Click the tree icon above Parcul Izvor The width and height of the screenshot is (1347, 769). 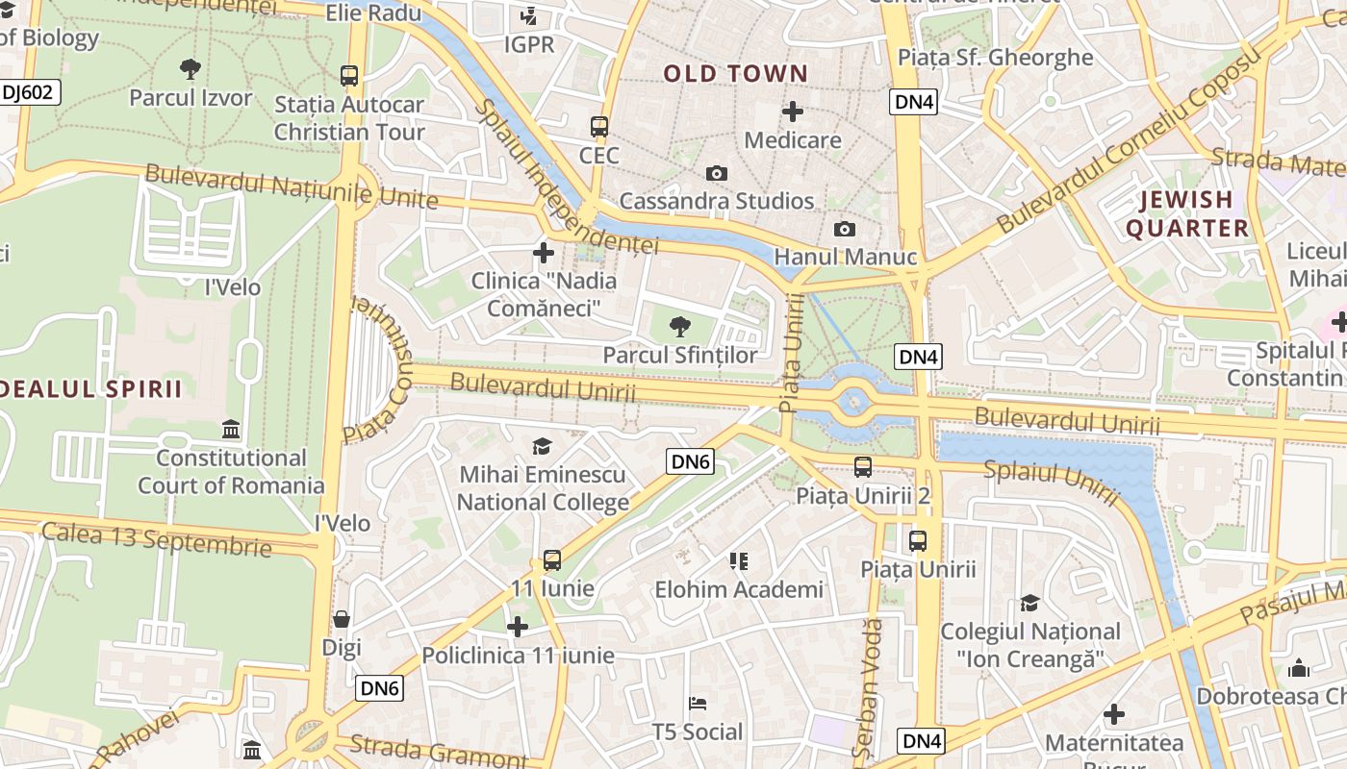[x=191, y=68]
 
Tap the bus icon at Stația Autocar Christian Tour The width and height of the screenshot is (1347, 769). [x=349, y=75]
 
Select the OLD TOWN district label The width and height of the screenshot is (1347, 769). [x=736, y=73]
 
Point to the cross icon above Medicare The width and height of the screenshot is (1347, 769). [x=793, y=112]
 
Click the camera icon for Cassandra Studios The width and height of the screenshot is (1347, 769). [x=717, y=173]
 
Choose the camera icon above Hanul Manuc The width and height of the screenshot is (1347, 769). [x=845, y=229]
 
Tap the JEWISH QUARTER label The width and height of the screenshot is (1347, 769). [x=1187, y=213]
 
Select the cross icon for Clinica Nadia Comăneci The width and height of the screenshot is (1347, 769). [x=544, y=253]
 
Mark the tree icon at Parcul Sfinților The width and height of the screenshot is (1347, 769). [x=680, y=326]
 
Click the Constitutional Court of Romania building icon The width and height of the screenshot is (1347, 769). [x=231, y=429]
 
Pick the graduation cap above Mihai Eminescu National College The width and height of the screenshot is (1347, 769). [x=543, y=446]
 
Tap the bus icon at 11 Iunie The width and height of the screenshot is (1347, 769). [x=552, y=559]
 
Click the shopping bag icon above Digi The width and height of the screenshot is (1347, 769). [x=342, y=619]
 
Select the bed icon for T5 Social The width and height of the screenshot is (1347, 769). [x=698, y=704]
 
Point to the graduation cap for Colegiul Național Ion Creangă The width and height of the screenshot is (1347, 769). [x=1030, y=603]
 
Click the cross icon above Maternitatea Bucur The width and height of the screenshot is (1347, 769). [x=1114, y=714]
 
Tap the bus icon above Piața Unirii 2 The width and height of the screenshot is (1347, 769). [x=863, y=467]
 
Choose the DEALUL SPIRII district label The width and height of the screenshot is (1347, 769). [x=91, y=388]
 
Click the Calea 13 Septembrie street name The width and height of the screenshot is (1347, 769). [x=156, y=538]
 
